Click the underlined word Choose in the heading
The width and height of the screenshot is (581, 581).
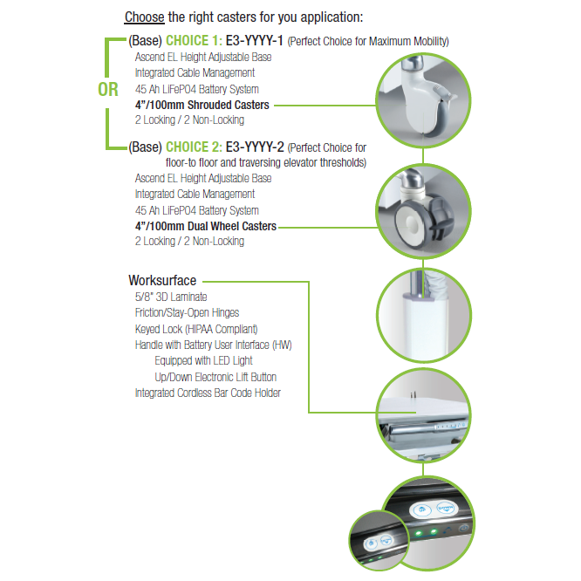click(145, 17)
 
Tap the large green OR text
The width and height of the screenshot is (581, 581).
click(108, 90)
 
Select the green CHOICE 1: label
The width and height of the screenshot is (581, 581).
click(194, 40)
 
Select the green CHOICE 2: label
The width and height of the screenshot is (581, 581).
click(194, 147)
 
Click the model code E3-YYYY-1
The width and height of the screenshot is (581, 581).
click(255, 40)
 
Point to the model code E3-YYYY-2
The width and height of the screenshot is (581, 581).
click(255, 147)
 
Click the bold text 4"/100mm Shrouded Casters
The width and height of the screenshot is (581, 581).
click(202, 105)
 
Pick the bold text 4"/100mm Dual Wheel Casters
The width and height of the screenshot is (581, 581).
click(206, 226)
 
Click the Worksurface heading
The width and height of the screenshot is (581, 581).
click(162, 281)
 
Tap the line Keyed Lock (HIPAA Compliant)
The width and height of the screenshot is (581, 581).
click(196, 329)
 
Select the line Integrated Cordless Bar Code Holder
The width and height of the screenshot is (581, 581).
click(208, 393)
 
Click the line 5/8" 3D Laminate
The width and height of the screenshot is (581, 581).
click(171, 297)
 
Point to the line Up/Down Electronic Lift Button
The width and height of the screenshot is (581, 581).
click(215, 377)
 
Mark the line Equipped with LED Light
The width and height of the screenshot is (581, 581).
click(203, 360)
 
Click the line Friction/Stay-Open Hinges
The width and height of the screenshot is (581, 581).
click(187, 312)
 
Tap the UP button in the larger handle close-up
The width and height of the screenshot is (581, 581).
click(422, 510)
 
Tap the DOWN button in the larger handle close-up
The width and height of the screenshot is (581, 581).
click(446, 508)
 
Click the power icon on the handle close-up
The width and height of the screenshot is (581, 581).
click(463, 529)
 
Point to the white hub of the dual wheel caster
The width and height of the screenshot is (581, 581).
click(411, 223)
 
